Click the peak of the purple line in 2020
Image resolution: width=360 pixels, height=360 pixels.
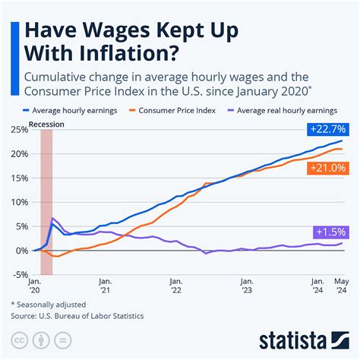pyautogui.click(x=52, y=219)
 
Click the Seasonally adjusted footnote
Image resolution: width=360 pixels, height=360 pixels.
pyautogui.click(x=48, y=304)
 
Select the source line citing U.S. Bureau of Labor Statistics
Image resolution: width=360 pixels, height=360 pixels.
pyautogui.click(x=77, y=314)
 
